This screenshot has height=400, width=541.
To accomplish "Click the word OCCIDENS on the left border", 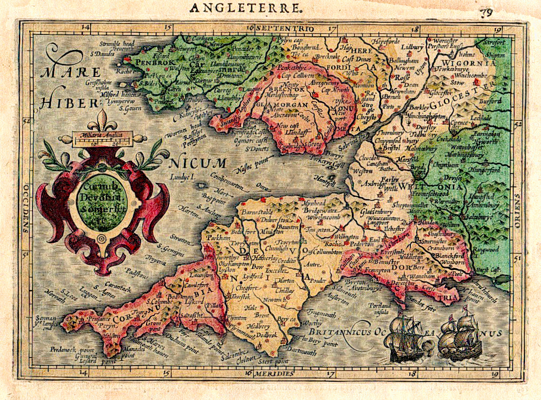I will (25, 208).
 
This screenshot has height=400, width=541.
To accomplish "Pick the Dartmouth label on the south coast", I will (301, 352).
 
